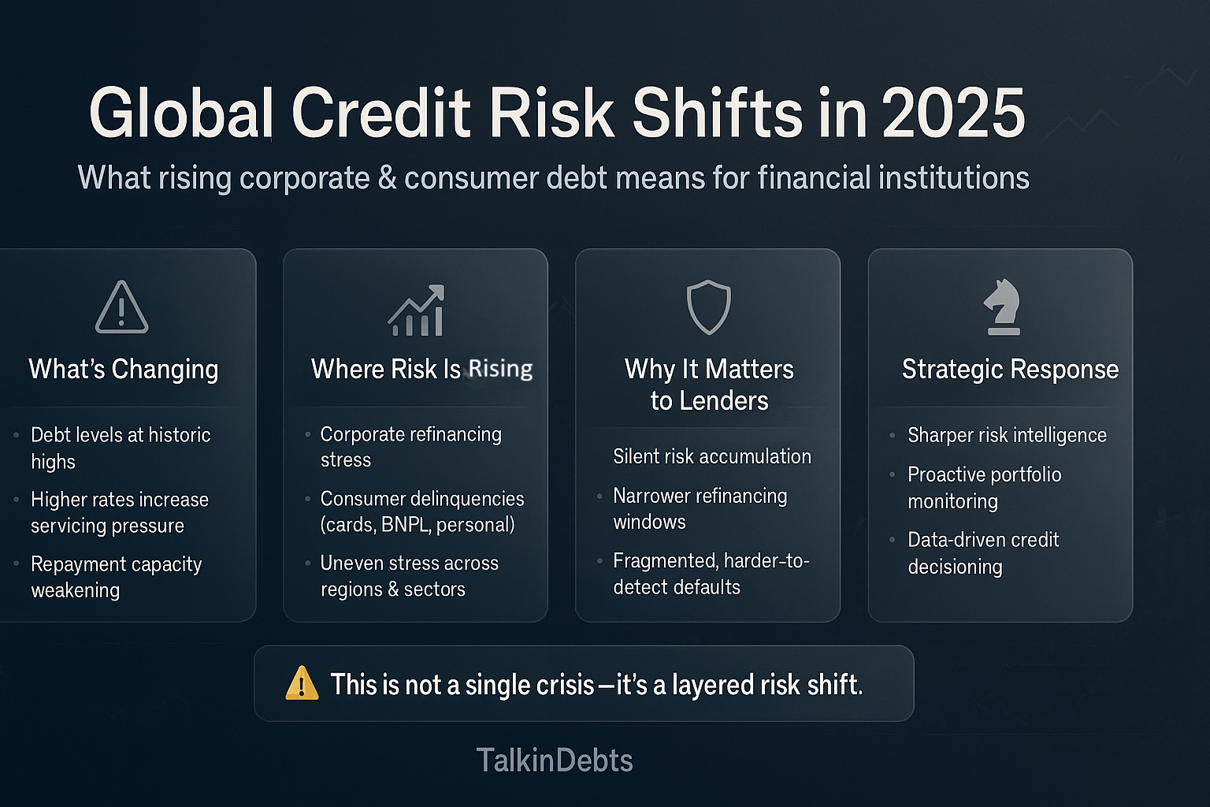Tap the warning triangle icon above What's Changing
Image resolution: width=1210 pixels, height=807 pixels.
click(x=121, y=307)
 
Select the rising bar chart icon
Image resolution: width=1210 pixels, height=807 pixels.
click(x=417, y=311)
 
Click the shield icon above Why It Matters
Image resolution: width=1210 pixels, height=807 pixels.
click(x=709, y=307)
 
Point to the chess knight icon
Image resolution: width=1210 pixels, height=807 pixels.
click(x=1003, y=307)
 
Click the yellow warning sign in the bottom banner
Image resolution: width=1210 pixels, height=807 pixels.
click(x=302, y=683)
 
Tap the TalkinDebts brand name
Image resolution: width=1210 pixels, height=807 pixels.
click(x=555, y=761)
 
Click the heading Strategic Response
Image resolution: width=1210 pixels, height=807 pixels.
click(x=1010, y=369)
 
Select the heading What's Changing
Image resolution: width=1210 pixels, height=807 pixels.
click(x=124, y=369)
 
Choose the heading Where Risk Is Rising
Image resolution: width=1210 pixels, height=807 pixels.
click(x=421, y=369)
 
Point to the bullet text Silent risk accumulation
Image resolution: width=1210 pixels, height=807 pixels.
click(x=712, y=456)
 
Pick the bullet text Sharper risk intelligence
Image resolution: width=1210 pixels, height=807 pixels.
click(x=1007, y=435)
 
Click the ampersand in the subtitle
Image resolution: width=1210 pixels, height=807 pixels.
click(x=387, y=178)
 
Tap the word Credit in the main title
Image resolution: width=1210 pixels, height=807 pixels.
click(x=381, y=113)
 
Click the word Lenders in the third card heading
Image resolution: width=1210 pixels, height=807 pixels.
click(x=732, y=401)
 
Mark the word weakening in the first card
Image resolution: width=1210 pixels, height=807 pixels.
click(x=76, y=590)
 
